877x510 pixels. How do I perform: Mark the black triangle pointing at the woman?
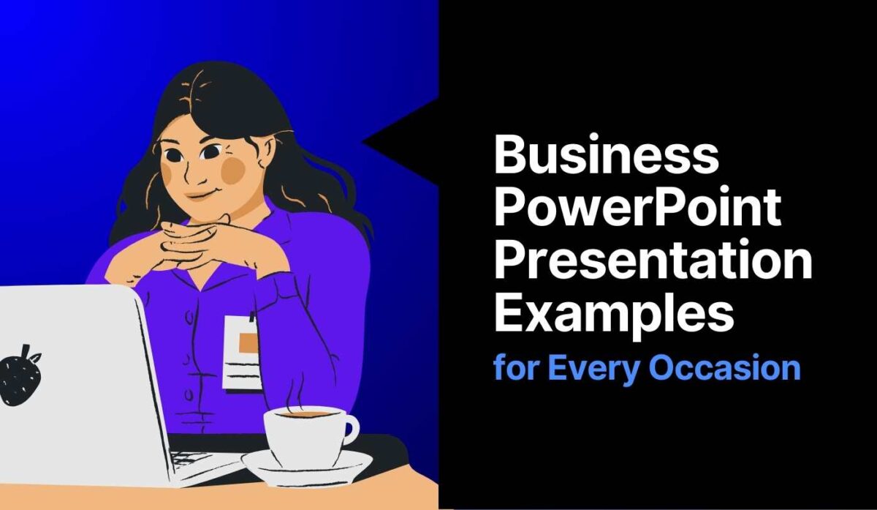[402, 139]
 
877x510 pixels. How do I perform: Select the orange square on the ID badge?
[248, 342]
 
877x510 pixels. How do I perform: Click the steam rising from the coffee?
[296, 391]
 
